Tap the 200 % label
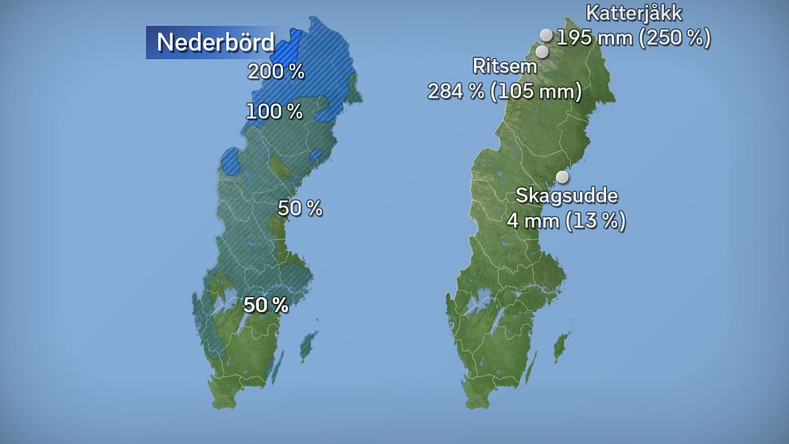[x=276, y=72]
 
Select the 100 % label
[x=274, y=112]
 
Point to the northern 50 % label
[x=300, y=208]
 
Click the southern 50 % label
[x=266, y=305]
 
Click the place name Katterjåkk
[x=634, y=14]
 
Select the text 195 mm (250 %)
[x=633, y=37]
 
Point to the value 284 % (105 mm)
[x=505, y=92]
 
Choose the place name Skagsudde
[x=567, y=196]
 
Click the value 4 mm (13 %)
[x=566, y=220]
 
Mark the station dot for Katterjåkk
[x=546, y=34]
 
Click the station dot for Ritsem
[x=542, y=52]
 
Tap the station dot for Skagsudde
[x=562, y=177]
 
